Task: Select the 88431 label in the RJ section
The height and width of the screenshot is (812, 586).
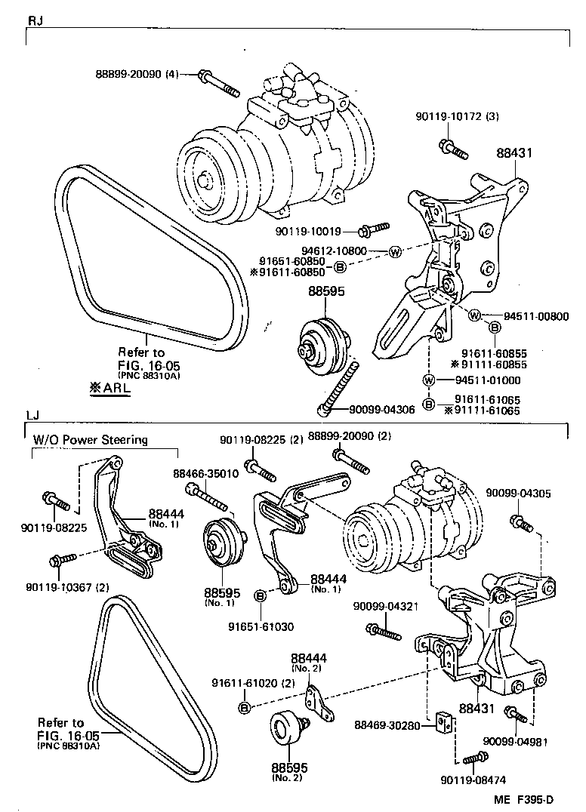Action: coord(515,152)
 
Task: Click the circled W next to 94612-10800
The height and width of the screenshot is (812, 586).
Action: coord(394,251)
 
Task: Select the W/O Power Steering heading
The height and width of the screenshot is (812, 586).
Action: coord(90,439)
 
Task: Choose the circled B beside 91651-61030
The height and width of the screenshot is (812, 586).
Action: coord(259,596)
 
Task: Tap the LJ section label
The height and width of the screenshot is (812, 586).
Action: coord(34,415)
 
